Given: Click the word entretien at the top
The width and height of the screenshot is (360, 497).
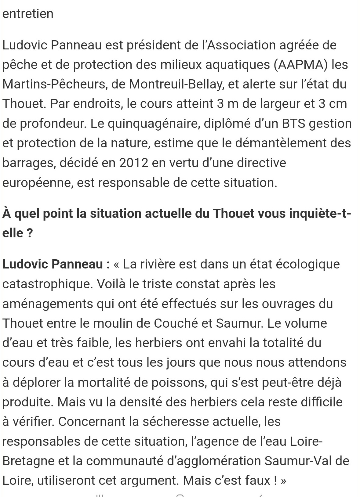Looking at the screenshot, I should tap(28, 14).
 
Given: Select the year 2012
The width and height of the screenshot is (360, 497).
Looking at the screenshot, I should tap(134, 163).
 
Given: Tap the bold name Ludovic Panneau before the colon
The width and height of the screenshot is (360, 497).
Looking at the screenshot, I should tap(53, 264).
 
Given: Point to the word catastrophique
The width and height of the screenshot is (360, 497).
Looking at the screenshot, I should tap(47, 284).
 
